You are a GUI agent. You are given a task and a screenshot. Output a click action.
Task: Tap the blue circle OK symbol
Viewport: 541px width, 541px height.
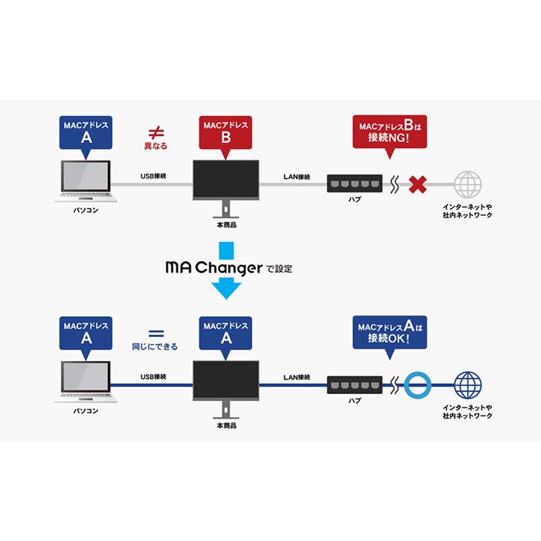(419, 384)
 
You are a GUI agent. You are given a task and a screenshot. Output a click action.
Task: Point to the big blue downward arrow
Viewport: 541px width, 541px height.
(226, 270)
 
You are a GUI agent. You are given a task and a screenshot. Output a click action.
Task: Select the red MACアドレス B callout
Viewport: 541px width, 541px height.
(226, 133)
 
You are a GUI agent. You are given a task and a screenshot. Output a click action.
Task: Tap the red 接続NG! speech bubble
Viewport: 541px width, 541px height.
(390, 132)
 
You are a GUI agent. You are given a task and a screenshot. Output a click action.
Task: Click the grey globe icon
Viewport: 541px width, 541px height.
(468, 185)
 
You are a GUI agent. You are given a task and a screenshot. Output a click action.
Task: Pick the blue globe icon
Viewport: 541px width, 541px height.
(468, 384)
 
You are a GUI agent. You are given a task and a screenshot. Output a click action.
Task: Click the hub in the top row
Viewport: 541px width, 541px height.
(354, 184)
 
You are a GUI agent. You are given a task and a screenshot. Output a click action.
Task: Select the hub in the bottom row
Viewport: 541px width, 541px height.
(354, 384)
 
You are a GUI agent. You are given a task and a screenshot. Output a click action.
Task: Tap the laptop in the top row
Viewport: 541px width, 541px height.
(85, 182)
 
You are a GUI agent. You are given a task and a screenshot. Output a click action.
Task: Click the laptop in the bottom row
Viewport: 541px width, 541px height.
(85, 381)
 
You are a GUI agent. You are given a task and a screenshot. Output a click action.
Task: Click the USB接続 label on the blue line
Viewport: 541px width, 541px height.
(153, 377)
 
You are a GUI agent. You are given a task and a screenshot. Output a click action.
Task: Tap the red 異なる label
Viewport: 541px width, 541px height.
(155, 145)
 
